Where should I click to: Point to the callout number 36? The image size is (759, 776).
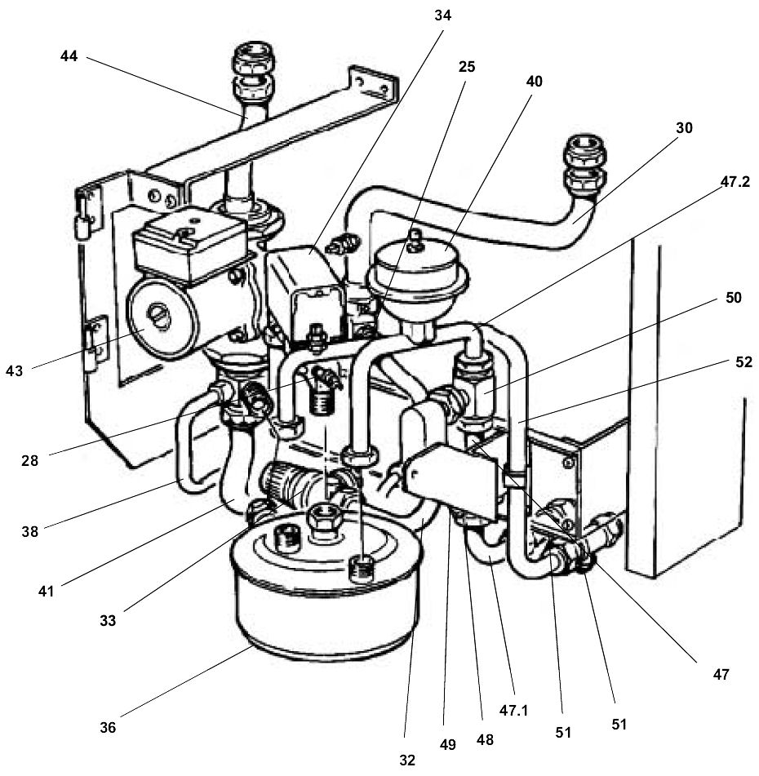click(x=108, y=726)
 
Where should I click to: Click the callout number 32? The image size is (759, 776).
click(x=407, y=760)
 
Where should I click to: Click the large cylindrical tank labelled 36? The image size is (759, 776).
click(x=326, y=604)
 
